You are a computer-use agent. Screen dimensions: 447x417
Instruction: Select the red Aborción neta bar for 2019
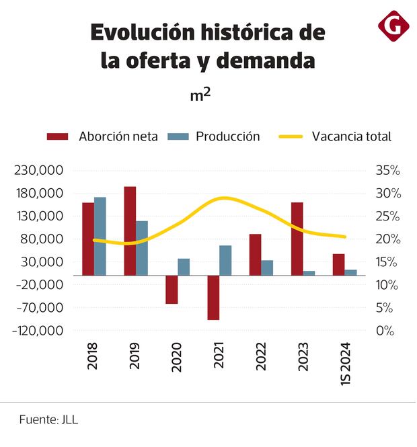[130, 231]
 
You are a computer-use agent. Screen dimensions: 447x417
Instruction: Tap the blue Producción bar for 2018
[100, 236]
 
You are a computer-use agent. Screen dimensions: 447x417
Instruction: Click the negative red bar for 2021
[213, 298]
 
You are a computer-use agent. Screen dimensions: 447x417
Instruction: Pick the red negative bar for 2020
[172, 290]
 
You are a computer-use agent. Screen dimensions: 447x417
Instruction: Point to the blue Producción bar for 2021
[225, 260]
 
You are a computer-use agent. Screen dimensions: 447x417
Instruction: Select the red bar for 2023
[297, 239]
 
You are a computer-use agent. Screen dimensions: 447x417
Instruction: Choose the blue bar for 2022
[267, 268]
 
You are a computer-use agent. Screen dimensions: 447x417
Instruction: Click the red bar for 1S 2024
[338, 265]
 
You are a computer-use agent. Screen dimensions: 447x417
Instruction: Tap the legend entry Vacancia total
[351, 136]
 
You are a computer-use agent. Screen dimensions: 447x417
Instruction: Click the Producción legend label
[227, 136]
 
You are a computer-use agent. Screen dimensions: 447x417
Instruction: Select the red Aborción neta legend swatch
[58, 136]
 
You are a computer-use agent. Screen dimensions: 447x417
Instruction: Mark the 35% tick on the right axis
[387, 171]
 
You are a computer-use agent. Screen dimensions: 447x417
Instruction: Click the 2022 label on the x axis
[260, 356]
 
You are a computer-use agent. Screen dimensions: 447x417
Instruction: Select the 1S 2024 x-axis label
[344, 363]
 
